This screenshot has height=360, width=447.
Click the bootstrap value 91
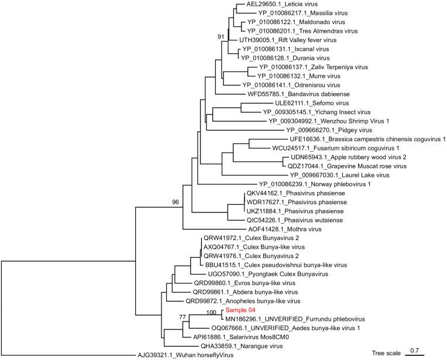point(221,37)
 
